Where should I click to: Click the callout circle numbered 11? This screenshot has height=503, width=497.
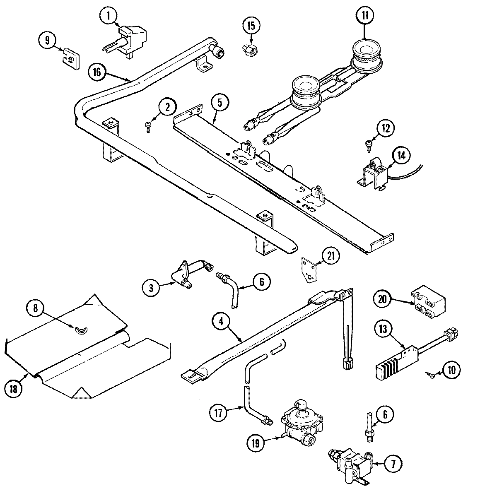[364, 16]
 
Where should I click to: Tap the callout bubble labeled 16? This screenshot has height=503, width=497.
[97, 72]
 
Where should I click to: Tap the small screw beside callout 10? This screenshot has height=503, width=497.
[429, 374]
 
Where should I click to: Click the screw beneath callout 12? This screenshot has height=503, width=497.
[368, 144]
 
